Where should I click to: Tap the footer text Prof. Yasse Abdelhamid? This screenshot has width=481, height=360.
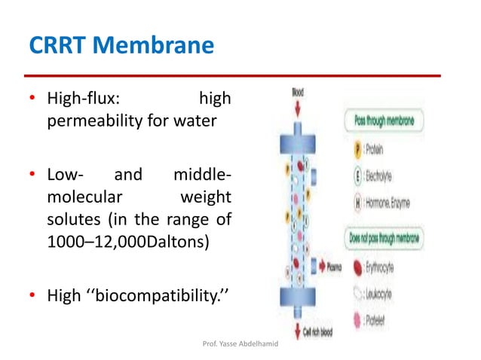[x=240, y=343]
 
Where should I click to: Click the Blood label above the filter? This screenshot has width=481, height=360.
[x=299, y=93]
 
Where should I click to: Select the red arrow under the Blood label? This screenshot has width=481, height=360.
[x=299, y=108]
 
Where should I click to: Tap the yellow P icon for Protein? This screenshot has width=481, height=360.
[x=352, y=149]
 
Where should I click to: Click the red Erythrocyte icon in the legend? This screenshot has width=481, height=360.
[x=352, y=267]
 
